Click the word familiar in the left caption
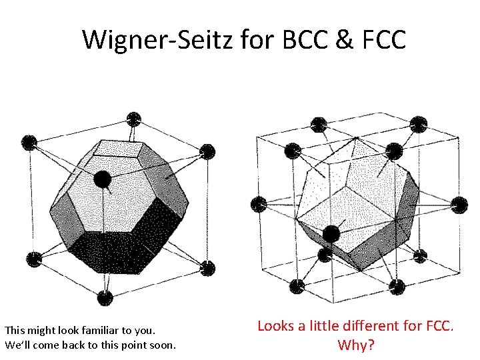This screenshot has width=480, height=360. pyautogui.click(x=107, y=330)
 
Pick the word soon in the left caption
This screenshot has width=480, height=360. pyautogui.click(x=164, y=345)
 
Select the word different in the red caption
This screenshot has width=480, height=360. pyautogui.click(x=369, y=326)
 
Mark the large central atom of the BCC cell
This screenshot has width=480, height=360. pyautogui.click(x=102, y=179)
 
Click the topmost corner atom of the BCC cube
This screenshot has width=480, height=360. pyautogui.click(x=134, y=119)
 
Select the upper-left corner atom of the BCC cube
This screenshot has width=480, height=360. pyautogui.click(x=28, y=142)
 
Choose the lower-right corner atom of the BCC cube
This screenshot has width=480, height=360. pyautogui.click(x=208, y=268)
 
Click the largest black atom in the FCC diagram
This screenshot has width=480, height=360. pyautogui.click(x=331, y=234)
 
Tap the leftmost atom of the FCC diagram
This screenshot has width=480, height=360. pyautogui.click(x=257, y=204)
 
